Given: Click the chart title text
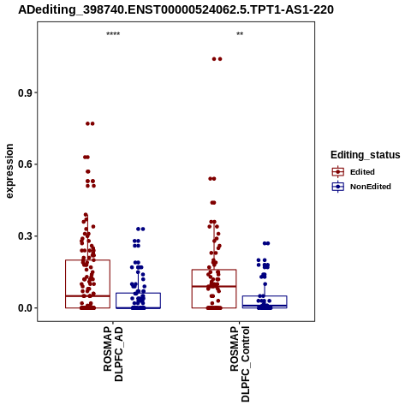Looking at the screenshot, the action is (x=176, y=10).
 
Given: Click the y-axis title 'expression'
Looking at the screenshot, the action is (x=9, y=171).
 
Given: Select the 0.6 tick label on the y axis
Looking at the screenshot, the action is (x=25, y=164).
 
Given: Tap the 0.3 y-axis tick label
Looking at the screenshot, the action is (x=25, y=236).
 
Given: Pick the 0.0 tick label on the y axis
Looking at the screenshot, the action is (x=25, y=308).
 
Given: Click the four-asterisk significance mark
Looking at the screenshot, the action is (x=113, y=34).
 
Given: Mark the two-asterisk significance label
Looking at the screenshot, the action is (x=240, y=34).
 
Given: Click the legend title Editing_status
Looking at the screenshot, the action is (x=366, y=155).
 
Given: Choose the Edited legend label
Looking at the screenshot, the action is (x=362, y=172).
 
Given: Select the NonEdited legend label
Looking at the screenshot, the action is (x=371, y=187).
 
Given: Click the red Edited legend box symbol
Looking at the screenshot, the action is (x=338, y=172).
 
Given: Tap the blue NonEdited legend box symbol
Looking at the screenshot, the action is (x=338, y=187).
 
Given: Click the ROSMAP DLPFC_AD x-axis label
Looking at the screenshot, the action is (x=113, y=354).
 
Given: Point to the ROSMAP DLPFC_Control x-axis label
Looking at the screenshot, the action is (x=240, y=364).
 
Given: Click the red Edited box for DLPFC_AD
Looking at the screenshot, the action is (x=66, y=284).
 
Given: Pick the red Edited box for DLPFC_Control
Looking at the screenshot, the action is (x=192, y=289).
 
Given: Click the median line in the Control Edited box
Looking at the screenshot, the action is (x=214, y=286).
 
